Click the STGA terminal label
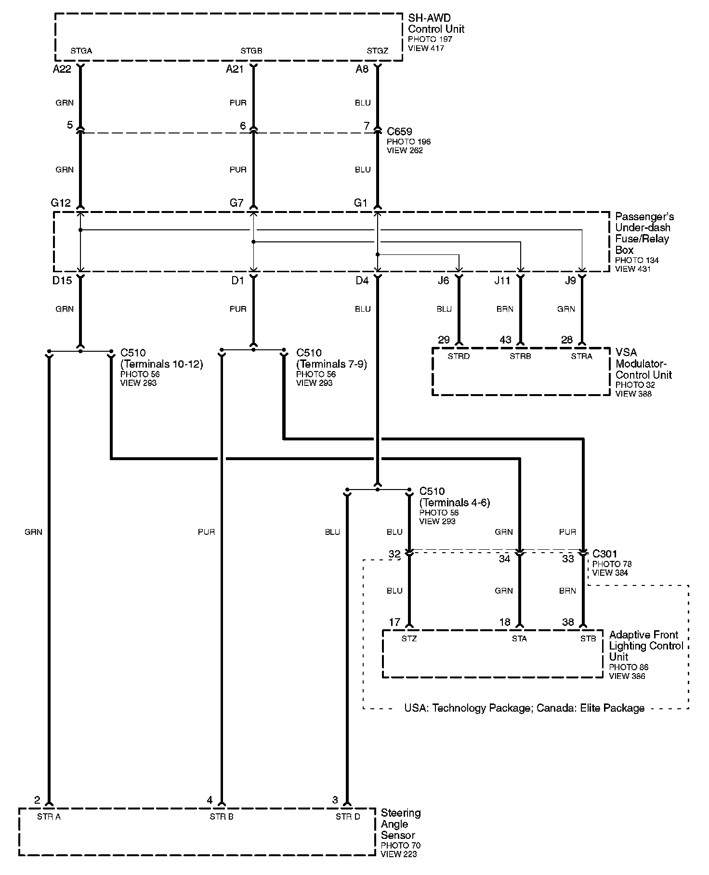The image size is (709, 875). (x=81, y=51)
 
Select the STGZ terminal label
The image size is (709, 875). (x=377, y=51)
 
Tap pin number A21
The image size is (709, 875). (x=235, y=69)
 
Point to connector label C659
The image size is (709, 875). (x=399, y=132)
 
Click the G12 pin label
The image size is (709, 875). (x=61, y=203)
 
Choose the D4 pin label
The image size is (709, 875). (x=362, y=280)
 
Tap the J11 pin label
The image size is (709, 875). (x=502, y=280)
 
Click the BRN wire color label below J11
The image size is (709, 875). (x=505, y=309)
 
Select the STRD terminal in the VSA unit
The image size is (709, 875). (x=459, y=357)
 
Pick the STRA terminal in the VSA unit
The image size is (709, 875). (x=581, y=357)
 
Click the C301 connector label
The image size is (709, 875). (x=604, y=554)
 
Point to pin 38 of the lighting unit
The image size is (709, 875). (x=568, y=622)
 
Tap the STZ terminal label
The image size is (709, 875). (x=409, y=638)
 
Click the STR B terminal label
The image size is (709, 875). (x=222, y=817)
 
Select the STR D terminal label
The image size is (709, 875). (x=348, y=817)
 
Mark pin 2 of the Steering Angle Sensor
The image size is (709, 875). (x=37, y=800)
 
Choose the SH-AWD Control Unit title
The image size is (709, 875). (x=436, y=24)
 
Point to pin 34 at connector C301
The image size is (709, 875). (x=504, y=559)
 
